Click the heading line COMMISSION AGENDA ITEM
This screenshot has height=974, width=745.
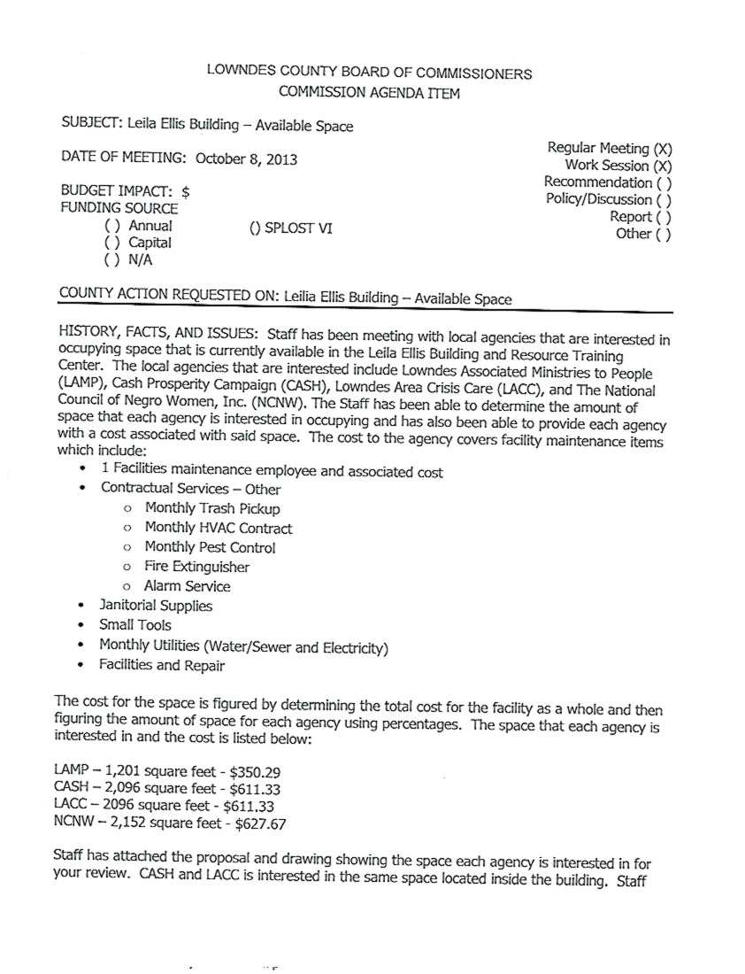click(369, 92)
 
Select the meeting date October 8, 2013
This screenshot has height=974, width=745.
click(246, 159)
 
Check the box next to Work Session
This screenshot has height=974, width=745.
click(663, 166)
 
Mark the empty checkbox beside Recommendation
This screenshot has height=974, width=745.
click(663, 183)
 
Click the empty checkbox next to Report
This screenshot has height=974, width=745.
click(663, 217)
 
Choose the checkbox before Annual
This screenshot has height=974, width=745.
click(111, 226)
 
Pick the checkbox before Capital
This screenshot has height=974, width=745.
click(111, 243)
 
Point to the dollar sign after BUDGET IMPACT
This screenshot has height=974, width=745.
click(186, 190)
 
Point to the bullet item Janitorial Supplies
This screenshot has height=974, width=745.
click(156, 607)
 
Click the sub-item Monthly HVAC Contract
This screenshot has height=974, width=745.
click(218, 529)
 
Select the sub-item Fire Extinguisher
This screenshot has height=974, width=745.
click(197, 567)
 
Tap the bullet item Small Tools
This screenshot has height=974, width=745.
click(135, 626)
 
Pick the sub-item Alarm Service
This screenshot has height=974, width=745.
click(187, 586)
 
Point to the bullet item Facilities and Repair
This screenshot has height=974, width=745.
click(162, 665)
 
